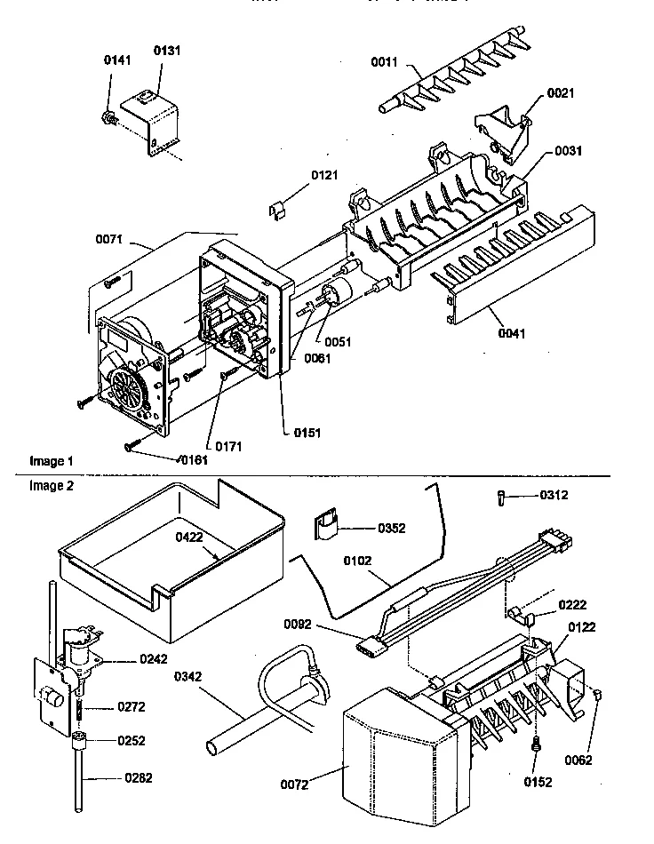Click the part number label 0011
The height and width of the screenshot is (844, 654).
[385, 62]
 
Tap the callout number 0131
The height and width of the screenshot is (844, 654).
[166, 51]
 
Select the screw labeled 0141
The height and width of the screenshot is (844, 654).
[108, 116]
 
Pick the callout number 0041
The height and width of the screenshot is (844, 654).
[512, 334]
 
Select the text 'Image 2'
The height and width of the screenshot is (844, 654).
[47, 486]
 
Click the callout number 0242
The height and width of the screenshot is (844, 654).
[153, 659]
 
